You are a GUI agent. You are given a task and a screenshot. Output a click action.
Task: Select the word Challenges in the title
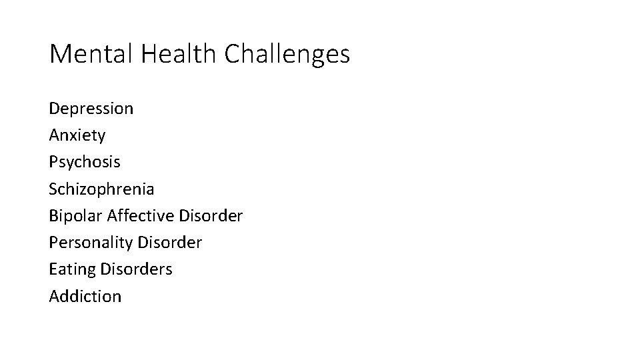pyautogui.click(x=287, y=54)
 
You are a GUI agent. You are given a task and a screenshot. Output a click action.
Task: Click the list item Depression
pyautogui.click(x=91, y=109)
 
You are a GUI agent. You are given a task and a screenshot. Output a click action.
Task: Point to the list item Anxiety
pyautogui.click(x=77, y=135)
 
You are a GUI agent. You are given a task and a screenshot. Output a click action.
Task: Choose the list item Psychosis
pyautogui.click(x=85, y=162)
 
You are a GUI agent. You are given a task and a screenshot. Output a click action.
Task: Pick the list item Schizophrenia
pyautogui.click(x=101, y=189)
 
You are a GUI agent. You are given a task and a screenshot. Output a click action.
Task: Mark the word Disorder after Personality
pyautogui.click(x=170, y=243)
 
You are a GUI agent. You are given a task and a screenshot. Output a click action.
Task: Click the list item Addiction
pyautogui.click(x=85, y=297)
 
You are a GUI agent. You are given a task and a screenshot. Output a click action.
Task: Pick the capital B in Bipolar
pyautogui.click(x=53, y=216)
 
